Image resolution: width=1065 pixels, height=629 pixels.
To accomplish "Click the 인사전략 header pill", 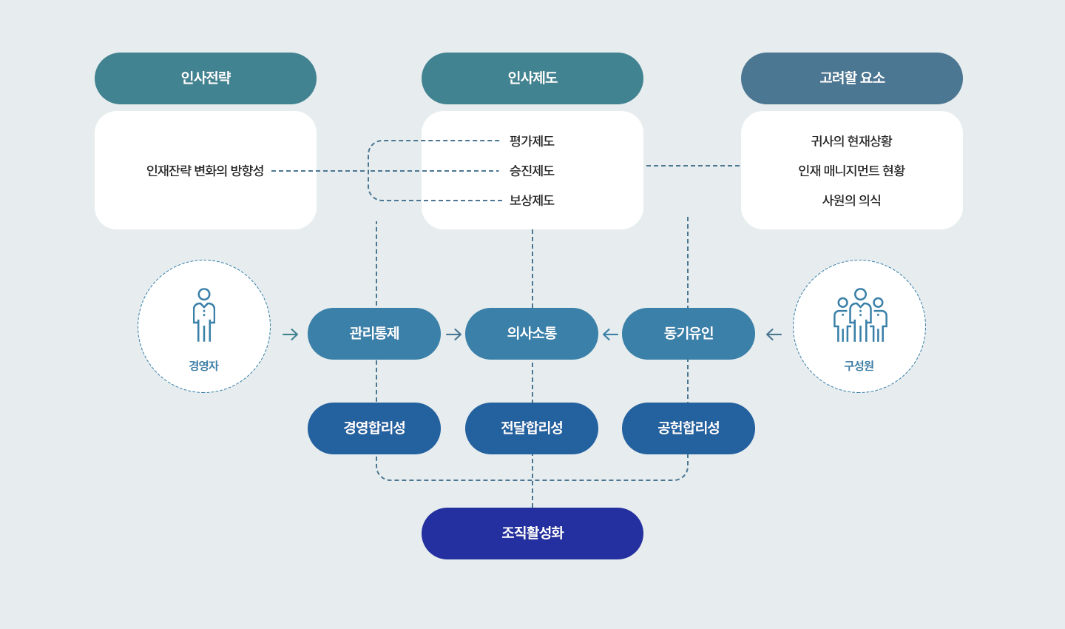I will point(206,78).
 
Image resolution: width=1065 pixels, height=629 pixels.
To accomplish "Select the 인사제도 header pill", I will point(532,78).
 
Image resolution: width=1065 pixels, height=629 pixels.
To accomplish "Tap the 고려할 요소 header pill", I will point(852,78).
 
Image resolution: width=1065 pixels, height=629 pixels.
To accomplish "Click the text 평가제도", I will point(532,141).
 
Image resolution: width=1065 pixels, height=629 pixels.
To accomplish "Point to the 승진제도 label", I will point(532,171).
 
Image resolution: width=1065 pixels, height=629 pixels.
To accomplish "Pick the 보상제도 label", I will point(532,201).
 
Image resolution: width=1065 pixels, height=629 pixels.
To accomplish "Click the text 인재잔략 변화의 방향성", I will point(205,171).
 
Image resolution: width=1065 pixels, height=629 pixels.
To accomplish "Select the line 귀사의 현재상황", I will point(851,141).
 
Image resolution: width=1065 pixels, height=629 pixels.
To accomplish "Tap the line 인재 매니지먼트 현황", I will point(851,171).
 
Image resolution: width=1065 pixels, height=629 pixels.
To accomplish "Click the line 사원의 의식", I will point(851,201).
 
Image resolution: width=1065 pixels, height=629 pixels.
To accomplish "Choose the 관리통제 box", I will point(374,334).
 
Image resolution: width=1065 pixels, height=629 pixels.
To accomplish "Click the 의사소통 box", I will point(532,334).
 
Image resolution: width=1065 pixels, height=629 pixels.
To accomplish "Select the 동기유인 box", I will point(689,334).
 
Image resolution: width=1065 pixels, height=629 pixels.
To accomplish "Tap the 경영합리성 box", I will point(374,428).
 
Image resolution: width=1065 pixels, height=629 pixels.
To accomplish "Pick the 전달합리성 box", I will point(532,428).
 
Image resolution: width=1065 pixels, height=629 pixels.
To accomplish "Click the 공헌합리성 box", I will point(689,428).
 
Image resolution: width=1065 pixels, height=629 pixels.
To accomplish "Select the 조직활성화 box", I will point(532,534).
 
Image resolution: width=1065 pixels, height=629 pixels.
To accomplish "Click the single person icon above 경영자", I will point(204,315).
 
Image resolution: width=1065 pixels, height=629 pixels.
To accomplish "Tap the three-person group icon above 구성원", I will point(860,315).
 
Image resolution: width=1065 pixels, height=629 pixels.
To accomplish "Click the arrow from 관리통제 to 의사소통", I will point(453,334).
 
